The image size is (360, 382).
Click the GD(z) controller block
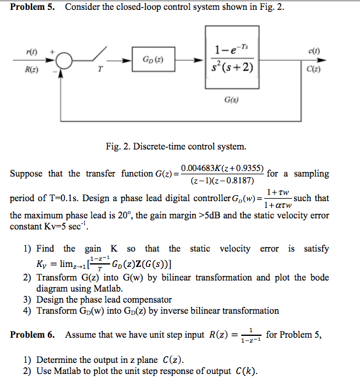153,59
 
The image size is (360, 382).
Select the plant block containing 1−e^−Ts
232,57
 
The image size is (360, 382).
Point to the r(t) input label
31,52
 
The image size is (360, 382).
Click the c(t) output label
314,51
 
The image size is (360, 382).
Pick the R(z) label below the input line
31,70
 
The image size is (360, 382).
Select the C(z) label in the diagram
313,69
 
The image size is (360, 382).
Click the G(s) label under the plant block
231,100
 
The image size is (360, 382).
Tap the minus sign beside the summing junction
55,71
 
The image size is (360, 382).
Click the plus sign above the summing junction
52,52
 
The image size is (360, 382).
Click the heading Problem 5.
32,7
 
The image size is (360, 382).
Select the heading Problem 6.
32,335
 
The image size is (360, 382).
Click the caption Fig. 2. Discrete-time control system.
176,146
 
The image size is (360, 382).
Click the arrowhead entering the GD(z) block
127,60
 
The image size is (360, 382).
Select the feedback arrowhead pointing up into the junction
60,74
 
